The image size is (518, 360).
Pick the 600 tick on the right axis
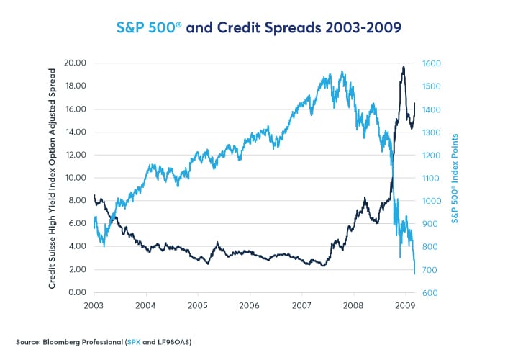coord(430,293)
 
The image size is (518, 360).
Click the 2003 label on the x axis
coord(94,306)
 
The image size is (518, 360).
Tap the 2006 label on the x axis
coord(250,306)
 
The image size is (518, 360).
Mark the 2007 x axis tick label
coord(301,306)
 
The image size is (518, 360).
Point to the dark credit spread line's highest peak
coord(404,66)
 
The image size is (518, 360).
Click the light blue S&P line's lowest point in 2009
coord(415,273)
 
